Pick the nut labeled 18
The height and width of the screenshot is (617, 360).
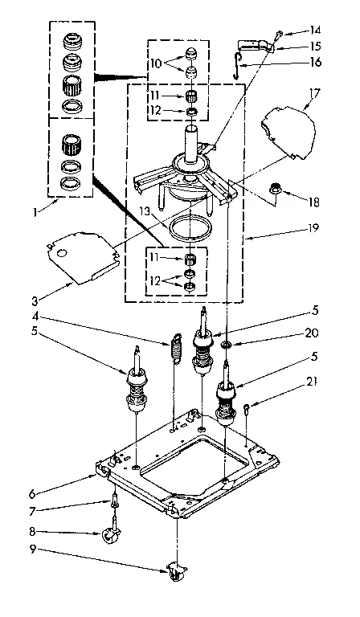(276, 190)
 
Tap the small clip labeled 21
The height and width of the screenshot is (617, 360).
(248, 410)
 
